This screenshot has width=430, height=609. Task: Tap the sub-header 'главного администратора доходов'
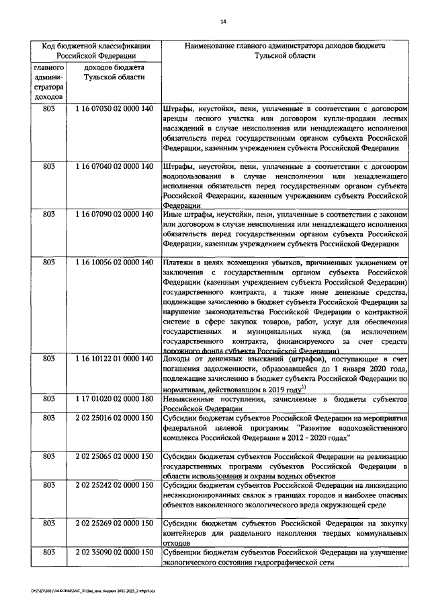48,83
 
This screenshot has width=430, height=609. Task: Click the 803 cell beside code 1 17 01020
48,398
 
